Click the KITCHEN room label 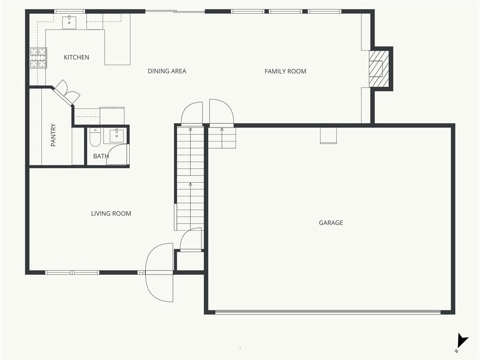[x=76, y=57]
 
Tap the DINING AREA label [x=167, y=71]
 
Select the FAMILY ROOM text [x=285, y=71]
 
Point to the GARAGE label [x=330, y=223]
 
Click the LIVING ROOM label [x=111, y=213]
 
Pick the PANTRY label [x=53, y=135]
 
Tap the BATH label [x=101, y=156]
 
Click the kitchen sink [x=69, y=22]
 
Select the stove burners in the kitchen [x=38, y=58]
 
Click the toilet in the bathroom [x=95, y=137]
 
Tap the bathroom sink [x=117, y=135]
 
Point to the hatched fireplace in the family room [x=379, y=68]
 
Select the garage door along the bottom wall [x=328, y=312]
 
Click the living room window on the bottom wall [x=72, y=272]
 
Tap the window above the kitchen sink [x=70, y=12]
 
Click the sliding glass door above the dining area [x=175, y=12]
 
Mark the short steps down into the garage [x=222, y=138]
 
